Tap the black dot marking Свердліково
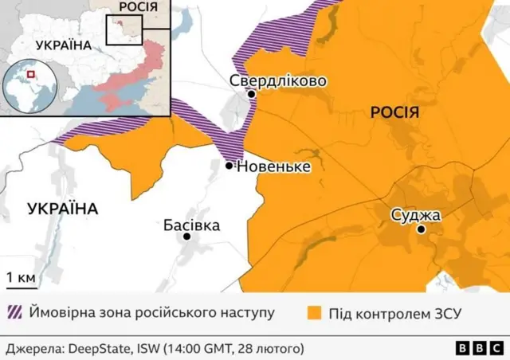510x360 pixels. (252, 94)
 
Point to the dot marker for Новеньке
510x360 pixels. (229, 166)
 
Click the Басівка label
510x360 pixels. (191, 225)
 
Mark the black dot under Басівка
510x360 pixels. (187, 237)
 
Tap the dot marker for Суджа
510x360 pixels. (421, 229)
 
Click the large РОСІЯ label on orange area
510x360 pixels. (394, 113)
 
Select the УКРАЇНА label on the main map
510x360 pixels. (62, 209)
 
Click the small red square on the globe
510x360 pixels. (32, 75)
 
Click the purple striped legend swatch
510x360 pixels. (14, 312)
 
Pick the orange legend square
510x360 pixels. (314, 312)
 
